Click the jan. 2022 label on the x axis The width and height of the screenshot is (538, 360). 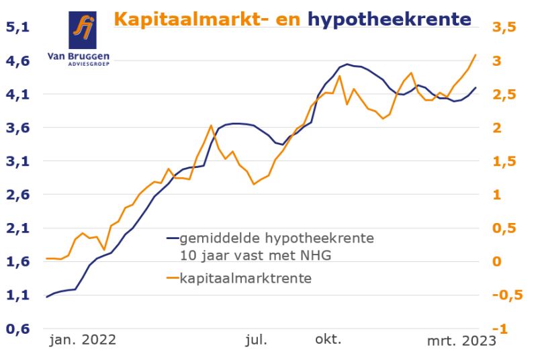point(83,340)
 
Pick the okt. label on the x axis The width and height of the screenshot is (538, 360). point(328,339)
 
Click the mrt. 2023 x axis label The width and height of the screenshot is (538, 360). point(461,341)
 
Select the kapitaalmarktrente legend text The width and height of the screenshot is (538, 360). point(245,278)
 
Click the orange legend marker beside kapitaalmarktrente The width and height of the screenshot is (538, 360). point(173,278)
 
